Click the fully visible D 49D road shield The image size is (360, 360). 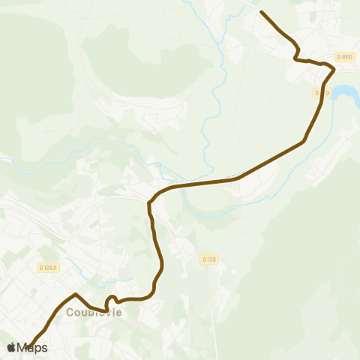pyautogui.click(x=344, y=56)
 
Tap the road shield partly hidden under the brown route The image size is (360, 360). pyautogui.click(x=322, y=92)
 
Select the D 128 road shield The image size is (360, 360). pyautogui.click(x=209, y=259)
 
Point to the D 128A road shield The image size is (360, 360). pyautogui.click(x=49, y=267)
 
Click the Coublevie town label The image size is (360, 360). pyautogui.click(x=93, y=313)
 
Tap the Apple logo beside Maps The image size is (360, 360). pyautogui.click(x=11, y=347)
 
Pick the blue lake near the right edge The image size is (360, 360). pyautogui.click(x=346, y=93)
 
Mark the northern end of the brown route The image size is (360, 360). pyautogui.click(x=261, y=12)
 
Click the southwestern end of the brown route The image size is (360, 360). pyautogui.click(x=30, y=346)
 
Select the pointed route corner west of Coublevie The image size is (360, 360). pyautogui.click(x=76, y=294)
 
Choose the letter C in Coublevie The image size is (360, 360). pyautogui.click(x=71, y=313)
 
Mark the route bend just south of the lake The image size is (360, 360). pyautogui.click(x=304, y=139)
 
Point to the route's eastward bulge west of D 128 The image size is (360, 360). pyautogui.click(x=161, y=262)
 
